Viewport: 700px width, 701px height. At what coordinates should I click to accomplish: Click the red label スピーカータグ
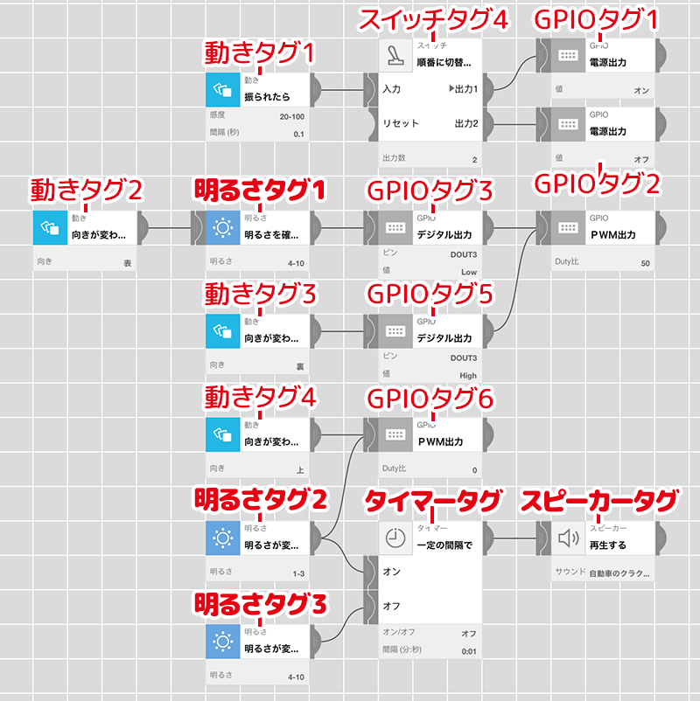pos(600,501)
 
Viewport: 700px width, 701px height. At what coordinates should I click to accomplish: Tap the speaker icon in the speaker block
pos(570,538)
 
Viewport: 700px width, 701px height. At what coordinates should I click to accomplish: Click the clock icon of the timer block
pos(395,538)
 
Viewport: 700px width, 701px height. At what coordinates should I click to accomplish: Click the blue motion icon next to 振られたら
pos(223,89)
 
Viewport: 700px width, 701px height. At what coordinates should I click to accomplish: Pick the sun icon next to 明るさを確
pos(223,228)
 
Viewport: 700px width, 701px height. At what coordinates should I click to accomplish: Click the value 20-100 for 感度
pos(291,116)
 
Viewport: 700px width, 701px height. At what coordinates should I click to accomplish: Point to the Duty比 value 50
pos(645,263)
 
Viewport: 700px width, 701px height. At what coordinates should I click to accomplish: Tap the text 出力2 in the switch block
pos(466,124)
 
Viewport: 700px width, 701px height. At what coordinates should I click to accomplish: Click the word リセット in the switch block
pos(401,124)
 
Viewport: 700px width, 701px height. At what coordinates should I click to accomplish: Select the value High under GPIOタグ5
pos(468,375)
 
